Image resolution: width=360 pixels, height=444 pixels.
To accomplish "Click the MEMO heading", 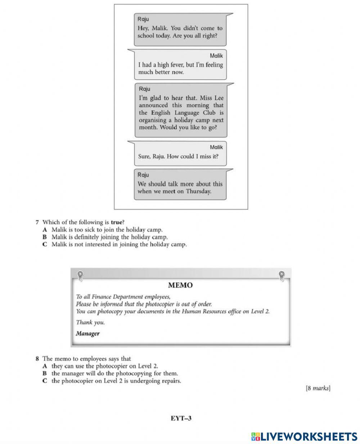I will [180, 285].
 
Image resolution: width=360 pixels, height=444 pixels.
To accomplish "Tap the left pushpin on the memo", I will [80, 275].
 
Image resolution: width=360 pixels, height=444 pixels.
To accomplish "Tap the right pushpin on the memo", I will [282, 275].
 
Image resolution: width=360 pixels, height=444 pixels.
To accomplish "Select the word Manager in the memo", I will [87, 333].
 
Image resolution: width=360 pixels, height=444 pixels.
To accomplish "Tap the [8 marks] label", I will [318, 388].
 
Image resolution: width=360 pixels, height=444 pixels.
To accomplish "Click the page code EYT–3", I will [181, 418].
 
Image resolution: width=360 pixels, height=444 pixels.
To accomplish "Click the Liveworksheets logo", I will [304, 436].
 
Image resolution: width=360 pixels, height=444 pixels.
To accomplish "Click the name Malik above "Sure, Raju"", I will [216, 147].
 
